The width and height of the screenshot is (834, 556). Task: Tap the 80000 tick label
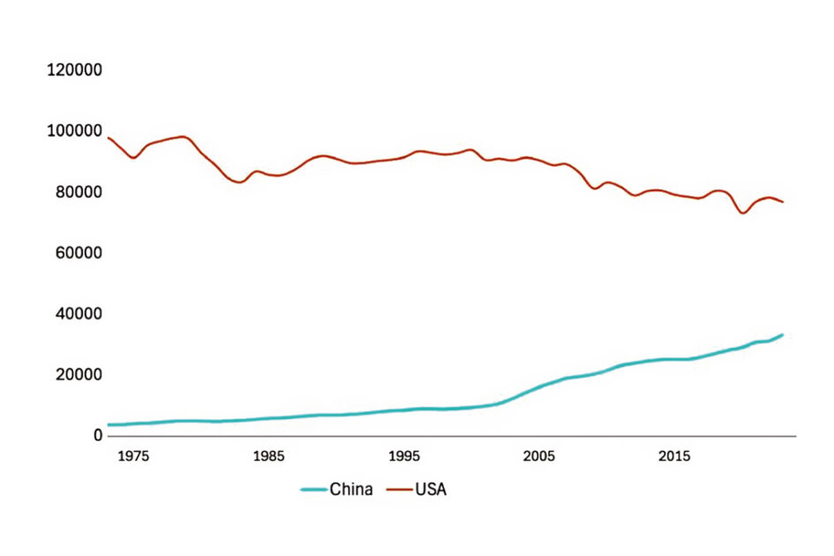coord(78,192)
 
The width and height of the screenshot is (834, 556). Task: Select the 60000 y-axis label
coord(78,252)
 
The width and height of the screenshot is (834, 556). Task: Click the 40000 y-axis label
coord(78,313)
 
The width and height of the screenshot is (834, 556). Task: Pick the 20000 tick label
coord(78,374)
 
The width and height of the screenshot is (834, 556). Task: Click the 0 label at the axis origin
coord(99,435)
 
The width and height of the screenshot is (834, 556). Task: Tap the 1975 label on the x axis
coord(133,456)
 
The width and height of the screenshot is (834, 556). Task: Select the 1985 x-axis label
coord(268,456)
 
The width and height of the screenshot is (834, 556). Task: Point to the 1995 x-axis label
coord(403,456)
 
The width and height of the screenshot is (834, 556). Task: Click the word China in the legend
coord(350,489)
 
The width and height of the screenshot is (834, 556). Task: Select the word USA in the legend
coord(431,489)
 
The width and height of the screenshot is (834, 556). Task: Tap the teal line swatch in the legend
coord(313,489)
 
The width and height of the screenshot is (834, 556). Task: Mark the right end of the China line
coord(782,334)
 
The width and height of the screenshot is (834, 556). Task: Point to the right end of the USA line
coord(782,202)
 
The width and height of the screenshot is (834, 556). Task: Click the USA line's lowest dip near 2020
coord(742,213)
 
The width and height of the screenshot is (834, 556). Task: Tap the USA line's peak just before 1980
coord(183,137)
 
